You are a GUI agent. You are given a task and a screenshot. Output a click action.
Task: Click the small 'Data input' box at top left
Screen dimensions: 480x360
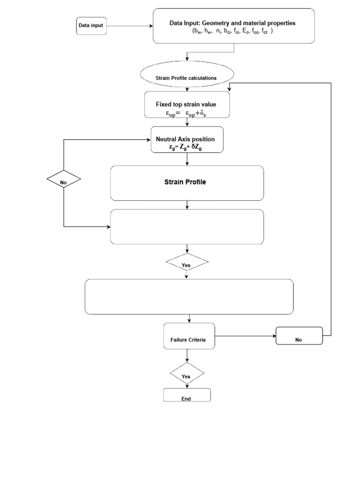91,26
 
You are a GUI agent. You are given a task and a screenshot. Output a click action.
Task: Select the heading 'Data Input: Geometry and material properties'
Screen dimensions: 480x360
232,23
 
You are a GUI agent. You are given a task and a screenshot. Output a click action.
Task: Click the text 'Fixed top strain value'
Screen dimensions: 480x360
186,105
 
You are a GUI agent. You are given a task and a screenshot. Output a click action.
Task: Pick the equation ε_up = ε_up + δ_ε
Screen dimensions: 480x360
186,113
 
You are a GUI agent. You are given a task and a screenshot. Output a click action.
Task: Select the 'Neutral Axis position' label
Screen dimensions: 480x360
186,140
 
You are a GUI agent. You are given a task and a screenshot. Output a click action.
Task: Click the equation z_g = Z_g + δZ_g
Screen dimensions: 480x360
186,147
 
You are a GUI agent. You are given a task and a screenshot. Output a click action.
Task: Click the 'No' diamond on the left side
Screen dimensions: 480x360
63,180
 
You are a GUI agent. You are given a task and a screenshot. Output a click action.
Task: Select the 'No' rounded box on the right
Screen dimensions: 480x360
299,336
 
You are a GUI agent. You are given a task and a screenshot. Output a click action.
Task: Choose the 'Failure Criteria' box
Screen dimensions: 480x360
188,336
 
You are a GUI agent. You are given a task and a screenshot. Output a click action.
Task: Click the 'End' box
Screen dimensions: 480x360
187,396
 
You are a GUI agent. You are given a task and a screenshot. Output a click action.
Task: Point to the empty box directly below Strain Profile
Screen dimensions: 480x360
187,226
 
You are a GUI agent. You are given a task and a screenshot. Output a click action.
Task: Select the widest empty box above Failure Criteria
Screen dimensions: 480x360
189,296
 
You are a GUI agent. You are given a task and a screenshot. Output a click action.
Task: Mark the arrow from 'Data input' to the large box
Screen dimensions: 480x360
130,26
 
